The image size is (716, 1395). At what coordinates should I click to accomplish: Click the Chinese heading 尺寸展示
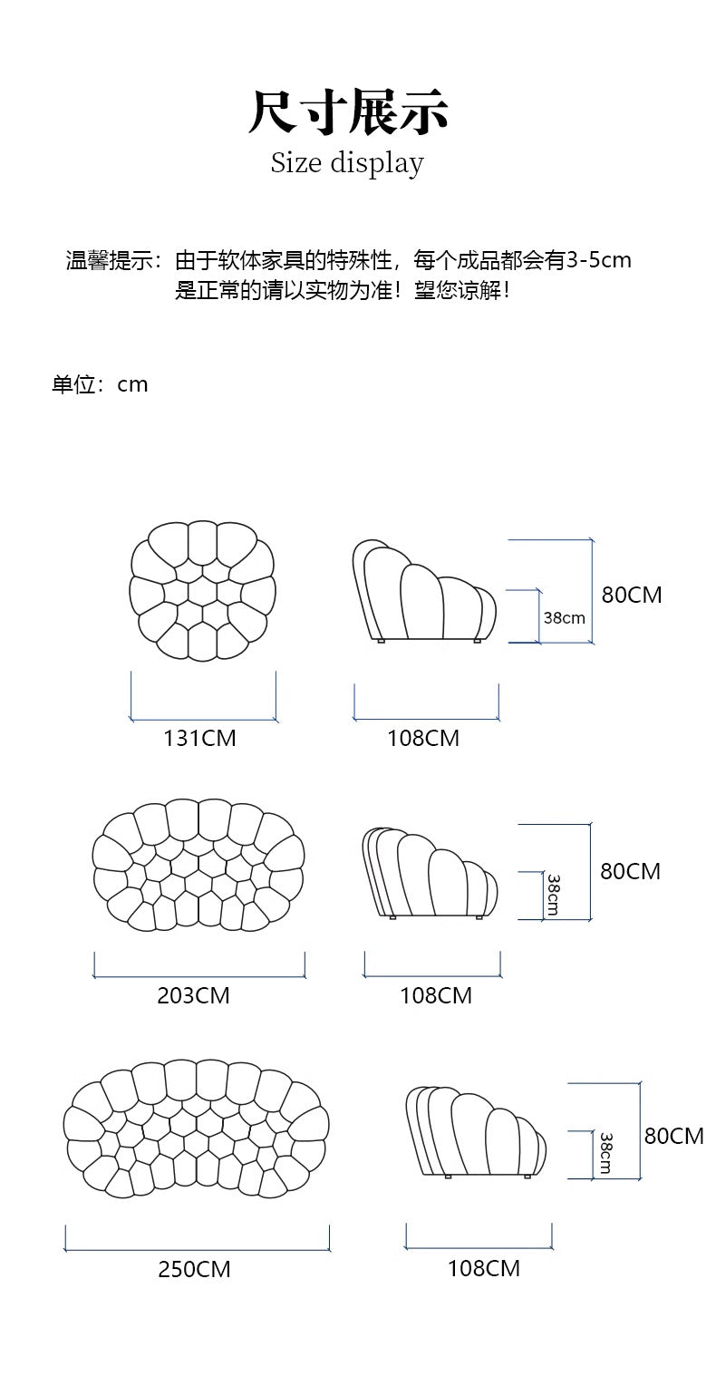coord(348,112)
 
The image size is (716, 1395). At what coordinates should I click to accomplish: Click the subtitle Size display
coord(347,163)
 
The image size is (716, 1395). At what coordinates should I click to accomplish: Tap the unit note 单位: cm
coord(100,384)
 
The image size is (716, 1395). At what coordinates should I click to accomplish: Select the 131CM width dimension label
coord(199,739)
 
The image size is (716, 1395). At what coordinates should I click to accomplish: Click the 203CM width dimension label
coord(193,995)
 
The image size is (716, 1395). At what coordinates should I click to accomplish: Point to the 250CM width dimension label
coord(194,1269)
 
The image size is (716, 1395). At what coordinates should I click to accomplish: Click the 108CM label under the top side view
coord(423,739)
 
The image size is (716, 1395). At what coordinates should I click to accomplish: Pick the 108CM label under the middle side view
coord(436,995)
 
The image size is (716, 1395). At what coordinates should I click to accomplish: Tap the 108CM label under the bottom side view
coord(484,1267)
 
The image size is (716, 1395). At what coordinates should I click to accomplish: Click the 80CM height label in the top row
coord(632,596)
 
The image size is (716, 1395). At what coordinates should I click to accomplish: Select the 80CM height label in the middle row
coord(630,871)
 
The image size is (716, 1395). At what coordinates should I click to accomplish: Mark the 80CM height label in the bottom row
coord(673,1135)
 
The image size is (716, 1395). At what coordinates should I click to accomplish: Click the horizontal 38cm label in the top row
coord(564,618)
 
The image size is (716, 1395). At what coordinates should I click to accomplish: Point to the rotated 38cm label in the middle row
coord(552,894)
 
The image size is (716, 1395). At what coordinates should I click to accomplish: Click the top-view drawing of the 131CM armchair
coord(202,591)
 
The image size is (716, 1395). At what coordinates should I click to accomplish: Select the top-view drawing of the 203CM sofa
coord(198,866)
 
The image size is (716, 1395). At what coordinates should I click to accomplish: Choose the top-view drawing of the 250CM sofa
coord(196,1129)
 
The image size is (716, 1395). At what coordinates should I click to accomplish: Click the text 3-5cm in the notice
coord(598,260)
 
